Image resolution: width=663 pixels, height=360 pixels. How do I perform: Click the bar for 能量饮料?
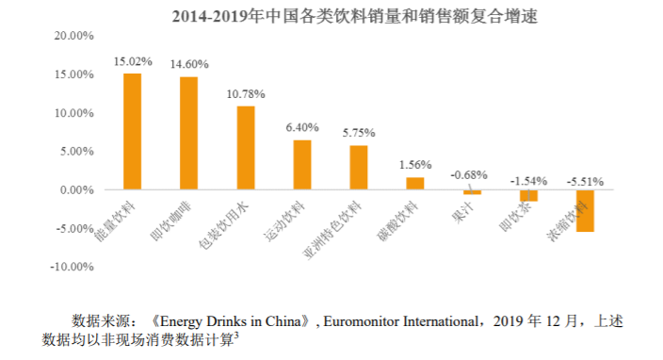tap(133, 132)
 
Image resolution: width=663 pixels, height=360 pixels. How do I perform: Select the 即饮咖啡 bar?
tap(188, 133)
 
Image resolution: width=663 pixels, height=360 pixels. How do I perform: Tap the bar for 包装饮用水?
tap(246, 148)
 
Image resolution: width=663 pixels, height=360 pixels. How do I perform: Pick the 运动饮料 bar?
tap(302, 165)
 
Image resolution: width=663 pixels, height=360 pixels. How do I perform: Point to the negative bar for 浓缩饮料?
tap(585, 211)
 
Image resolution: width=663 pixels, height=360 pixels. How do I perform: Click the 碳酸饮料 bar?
tap(415, 184)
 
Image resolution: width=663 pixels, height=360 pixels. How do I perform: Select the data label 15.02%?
tap(133, 62)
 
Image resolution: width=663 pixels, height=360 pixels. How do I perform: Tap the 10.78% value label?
tap(246, 94)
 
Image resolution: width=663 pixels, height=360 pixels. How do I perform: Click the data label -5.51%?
tap(585, 182)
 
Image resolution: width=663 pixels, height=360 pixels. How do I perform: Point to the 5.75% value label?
tap(359, 133)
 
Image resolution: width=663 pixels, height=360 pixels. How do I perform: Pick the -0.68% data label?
tap(469, 174)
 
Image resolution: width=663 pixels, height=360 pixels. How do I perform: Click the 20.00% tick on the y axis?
tap(74, 36)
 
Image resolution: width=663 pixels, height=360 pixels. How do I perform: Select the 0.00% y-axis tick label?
tap(77, 190)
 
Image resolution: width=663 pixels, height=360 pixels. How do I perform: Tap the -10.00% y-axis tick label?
tap(72, 267)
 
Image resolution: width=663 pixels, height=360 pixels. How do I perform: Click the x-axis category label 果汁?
tap(462, 212)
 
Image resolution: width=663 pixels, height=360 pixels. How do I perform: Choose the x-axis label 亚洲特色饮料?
tap(332, 230)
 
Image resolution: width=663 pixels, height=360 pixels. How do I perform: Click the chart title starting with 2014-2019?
tap(355, 17)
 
